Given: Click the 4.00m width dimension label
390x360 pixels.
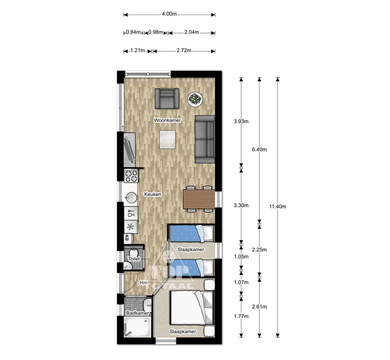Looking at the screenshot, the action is coord(169,14).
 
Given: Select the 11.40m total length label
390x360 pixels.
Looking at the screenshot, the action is coord(278,206).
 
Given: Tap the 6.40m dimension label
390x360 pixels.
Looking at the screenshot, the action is coord(259,149).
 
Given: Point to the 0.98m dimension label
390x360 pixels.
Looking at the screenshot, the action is coord(156,32).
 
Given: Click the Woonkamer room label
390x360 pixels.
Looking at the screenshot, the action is coord(167,120).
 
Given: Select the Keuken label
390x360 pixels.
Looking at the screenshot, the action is coord(152,194).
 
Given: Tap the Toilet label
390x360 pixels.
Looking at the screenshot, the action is coord(134,259).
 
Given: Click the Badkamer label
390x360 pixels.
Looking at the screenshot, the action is coord(137,313).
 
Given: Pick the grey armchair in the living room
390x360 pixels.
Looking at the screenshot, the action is coord(167,98).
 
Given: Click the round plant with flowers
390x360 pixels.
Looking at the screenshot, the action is coord(195,99).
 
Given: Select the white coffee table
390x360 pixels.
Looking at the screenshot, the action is coord(167,140).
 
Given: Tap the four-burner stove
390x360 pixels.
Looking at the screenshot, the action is coord(131,176).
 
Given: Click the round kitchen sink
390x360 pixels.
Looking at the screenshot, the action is coord(131,198).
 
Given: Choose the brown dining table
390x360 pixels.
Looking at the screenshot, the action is coord(199,199).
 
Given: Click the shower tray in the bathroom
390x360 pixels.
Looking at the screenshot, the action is coord(138,327).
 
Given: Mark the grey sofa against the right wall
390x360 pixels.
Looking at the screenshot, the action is coord(205,139).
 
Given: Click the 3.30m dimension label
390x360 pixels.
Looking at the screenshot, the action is coord(241,205).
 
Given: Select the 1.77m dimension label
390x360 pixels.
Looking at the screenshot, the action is coord(241,316).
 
